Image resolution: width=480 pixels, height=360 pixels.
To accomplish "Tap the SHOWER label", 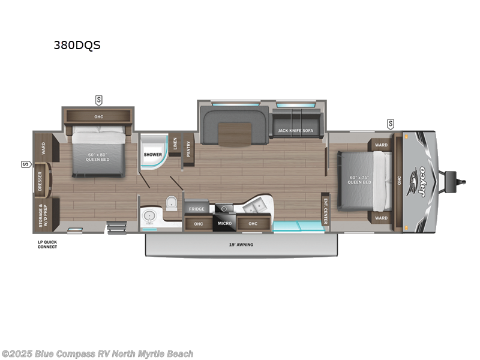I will (x=152, y=154).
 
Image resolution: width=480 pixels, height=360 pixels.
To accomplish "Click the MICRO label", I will (x=224, y=224).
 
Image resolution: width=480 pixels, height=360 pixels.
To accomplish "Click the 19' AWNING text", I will (x=240, y=245).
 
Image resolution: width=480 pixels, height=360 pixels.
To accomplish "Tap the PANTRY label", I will (x=188, y=149).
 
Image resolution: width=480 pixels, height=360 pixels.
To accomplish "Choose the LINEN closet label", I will (x=175, y=143).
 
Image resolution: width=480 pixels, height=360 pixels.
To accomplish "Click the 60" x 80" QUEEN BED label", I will (x=100, y=157).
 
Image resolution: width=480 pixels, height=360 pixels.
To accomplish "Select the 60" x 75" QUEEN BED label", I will (x=360, y=179).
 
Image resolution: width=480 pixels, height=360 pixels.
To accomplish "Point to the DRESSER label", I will (x=40, y=179).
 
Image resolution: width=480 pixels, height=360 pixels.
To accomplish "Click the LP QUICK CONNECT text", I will (x=46, y=244).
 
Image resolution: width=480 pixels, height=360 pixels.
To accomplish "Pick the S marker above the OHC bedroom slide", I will (x=99, y=99).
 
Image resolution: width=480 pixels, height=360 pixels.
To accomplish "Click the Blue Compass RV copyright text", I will (x=97, y=354).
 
